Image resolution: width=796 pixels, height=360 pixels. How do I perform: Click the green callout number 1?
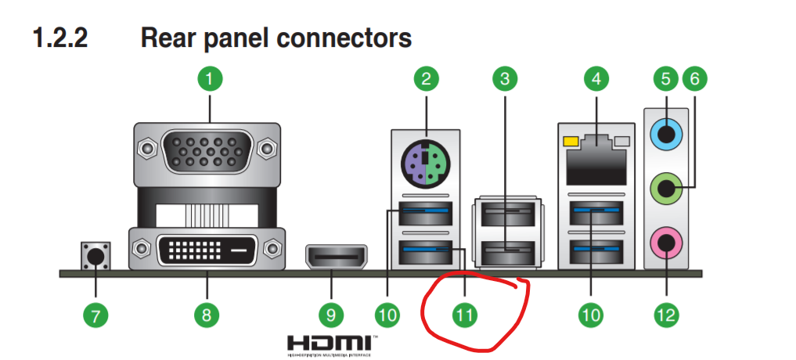[209, 78]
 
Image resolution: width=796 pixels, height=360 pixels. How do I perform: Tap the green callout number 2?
[426, 78]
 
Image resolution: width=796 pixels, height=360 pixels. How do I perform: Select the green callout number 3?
[505, 78]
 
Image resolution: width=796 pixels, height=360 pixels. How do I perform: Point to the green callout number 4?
[596, 78]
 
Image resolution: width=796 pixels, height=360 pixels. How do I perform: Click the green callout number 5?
[665, 78]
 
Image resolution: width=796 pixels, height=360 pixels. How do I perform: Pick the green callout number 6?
[694, 78]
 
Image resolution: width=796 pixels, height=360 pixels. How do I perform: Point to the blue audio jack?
[665, 135]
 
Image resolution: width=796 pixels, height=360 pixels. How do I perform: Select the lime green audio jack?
[665, 188]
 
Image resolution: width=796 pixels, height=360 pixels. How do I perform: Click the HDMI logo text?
[328, 343]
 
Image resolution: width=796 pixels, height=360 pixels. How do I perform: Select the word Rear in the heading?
[168, 38]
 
